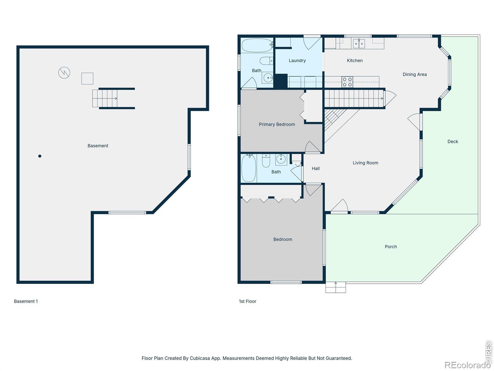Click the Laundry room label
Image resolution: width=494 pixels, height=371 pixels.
[x=297, y=61]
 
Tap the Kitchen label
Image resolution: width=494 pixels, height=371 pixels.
[x=354, y=61]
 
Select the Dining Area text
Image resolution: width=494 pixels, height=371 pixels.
[x=415, y=74]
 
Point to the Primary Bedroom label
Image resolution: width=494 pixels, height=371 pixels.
[x=277, y=124]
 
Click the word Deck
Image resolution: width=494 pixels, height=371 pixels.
[x=453, y=142]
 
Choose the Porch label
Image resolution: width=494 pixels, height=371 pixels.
[x=391, y=247]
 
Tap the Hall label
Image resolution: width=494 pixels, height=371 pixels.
[x=316, y=168]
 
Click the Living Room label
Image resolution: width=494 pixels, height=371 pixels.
[x=365, y=163]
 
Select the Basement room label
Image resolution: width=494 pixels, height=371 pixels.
[x=98, y=146]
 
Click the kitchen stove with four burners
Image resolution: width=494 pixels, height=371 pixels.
[x=347, y=82]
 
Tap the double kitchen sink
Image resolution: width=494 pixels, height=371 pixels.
[x=359, y=44]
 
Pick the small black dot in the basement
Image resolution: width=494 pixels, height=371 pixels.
[x=40, y=156]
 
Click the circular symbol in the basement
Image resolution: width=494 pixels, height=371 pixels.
[x=64, y=73]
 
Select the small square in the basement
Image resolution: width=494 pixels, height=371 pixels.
[x=87, y=79]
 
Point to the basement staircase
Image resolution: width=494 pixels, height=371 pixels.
[x=105, y=98]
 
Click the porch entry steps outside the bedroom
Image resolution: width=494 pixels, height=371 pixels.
[x=336, y=288]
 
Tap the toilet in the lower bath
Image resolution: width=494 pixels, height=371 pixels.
[x=266, y=160]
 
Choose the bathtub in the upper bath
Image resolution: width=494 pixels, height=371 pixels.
[x=257, y=45]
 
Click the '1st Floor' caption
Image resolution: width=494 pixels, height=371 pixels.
[x=248, y=301]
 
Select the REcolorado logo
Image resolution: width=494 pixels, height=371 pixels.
[x=468, y=365]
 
